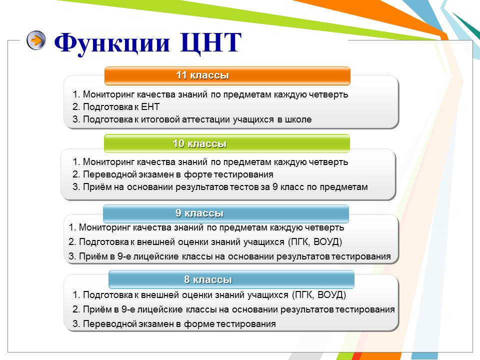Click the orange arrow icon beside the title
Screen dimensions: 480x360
(x=36, y=40)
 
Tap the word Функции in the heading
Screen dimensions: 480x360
(x=112, y=43)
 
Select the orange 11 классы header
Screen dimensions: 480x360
(x=227, y=75)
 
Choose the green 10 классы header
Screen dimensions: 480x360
(x=227, y=143)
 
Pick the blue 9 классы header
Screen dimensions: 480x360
(x=226, y=213)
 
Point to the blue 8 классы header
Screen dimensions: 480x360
(x=231, y=279)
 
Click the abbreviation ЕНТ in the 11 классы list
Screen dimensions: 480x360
(x=150, y=107)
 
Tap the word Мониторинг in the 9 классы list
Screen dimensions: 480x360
(x=104, y=228)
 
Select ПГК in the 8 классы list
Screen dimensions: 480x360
(x=303, y=295)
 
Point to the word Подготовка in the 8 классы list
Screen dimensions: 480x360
(x=108, y=295)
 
